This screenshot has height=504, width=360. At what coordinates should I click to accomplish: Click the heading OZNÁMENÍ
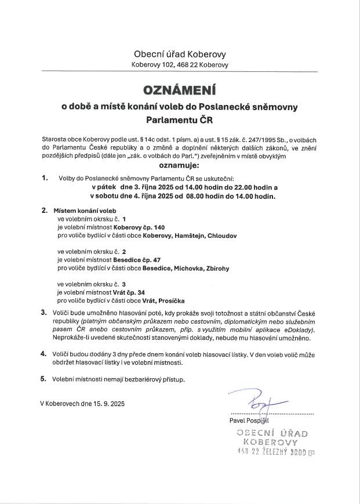click(x=180, y=91)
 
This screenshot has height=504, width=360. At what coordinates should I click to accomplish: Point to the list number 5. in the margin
click(x=44, y=379)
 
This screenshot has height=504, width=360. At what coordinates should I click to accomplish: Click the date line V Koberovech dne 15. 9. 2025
click(x=82, y=403)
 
